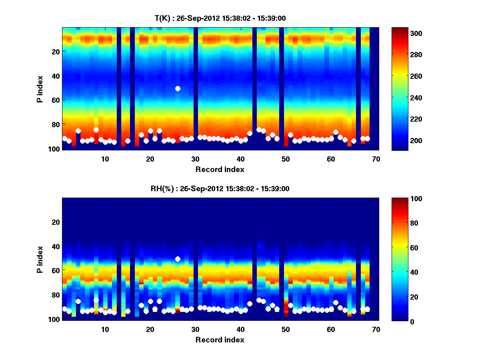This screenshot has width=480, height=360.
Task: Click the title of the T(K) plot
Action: (x=220, y=18)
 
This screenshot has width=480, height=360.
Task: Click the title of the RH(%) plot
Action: (x=220, y=188)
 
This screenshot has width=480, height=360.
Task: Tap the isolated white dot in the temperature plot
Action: (x=178, y=88)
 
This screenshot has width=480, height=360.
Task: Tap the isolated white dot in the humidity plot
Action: (x=178, y=259)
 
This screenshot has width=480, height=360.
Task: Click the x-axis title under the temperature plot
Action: (x=220, y=169)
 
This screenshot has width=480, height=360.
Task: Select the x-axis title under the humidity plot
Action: (x=220, y=340)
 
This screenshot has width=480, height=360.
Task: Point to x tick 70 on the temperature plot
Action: (x=376, y=158)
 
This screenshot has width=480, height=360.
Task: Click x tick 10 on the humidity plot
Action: (x=105, y=329)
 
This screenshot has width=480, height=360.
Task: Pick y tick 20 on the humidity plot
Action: (x=55, y=222)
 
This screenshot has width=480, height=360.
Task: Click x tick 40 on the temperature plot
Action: (x=240, y=158)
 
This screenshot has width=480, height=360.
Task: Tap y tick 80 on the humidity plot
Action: (x=55, y=295)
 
